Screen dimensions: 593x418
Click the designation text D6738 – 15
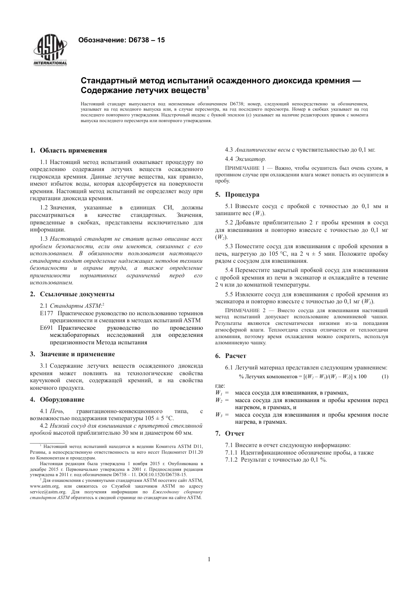(121, 40)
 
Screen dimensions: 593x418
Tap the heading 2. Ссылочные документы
(72, 294)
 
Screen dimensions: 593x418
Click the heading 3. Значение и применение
(73, 354)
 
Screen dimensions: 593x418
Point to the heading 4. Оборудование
(57, 399)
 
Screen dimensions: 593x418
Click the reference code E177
(46, 313)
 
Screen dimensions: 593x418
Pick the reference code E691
(46, 328)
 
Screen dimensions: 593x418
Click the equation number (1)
(385, 376)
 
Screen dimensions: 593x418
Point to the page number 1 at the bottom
(209, 559)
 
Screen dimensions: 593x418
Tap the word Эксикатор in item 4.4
(250, 159)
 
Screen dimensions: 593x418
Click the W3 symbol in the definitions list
(219, 415)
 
